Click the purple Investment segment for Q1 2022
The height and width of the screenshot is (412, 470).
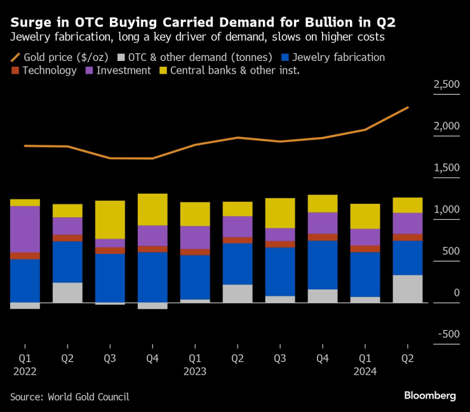click(25, 229)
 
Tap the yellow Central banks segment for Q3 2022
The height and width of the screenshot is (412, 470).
click(110, 220)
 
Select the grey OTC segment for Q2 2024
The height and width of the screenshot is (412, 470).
click(408, 289)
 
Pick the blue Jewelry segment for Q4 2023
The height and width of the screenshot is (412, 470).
click(323, 265)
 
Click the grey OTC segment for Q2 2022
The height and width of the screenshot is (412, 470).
click(67, 293)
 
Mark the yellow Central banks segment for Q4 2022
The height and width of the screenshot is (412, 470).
click(152, 209)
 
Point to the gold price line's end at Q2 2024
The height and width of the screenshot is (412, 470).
click(408, 107)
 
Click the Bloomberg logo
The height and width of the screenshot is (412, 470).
click(430, 395)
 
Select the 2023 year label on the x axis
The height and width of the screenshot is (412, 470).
click(195, 371)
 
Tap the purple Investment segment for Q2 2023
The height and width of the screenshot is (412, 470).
click(238, 227)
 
